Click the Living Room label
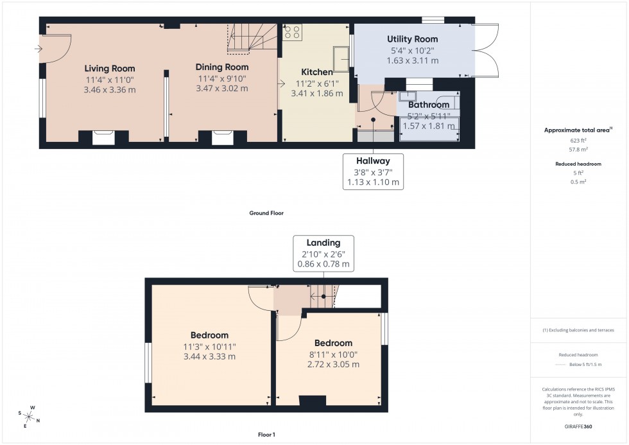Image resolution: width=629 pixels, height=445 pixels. (110, 68)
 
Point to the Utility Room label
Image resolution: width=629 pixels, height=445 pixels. (412, 39)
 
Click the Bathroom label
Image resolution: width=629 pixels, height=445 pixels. (428, 105)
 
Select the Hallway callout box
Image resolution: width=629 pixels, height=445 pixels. (374, 171)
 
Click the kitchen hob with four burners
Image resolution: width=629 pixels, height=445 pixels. (293, 33)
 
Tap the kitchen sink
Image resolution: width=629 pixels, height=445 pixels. (340, 58)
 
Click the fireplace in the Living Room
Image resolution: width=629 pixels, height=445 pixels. (103, 137)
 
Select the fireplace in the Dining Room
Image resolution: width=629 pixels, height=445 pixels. (223, 137)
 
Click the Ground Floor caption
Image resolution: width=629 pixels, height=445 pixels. (266, 213)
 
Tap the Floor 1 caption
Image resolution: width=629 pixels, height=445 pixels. (265, 435)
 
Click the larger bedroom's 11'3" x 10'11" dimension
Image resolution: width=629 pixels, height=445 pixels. (209, 347)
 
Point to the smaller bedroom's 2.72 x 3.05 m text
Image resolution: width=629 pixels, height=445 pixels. (333, 364)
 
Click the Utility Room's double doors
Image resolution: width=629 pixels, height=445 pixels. (485, 51)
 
